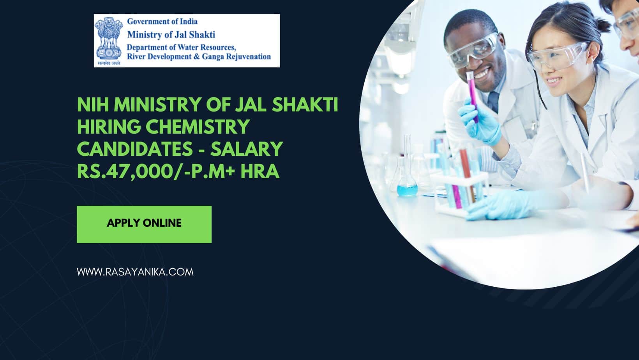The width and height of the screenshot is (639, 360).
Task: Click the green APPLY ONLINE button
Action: (x=144, y=224)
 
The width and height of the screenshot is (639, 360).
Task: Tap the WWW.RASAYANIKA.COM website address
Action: (x=135, y=272)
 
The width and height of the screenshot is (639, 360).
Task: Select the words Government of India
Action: (x=162, y=21)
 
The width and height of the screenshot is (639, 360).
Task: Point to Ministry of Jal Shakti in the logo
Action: (x=171, y=35)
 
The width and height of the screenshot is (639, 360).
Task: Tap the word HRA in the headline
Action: (x=259, y=171)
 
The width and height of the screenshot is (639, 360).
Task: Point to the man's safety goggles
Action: (x=473, y=50)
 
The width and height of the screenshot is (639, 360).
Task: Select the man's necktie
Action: (x=493, y=102)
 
